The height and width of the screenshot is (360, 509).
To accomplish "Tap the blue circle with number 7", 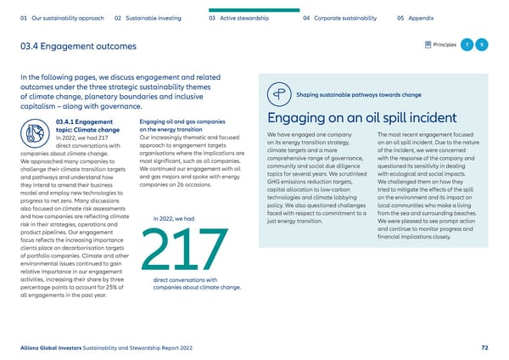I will click(x=467, y=43).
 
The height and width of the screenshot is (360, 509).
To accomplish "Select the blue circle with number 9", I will click(x=483, y=43).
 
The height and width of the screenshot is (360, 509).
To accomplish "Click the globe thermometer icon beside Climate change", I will click(x=37, y=134).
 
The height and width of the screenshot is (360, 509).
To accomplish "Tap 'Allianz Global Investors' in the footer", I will click(x=52, y=348).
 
